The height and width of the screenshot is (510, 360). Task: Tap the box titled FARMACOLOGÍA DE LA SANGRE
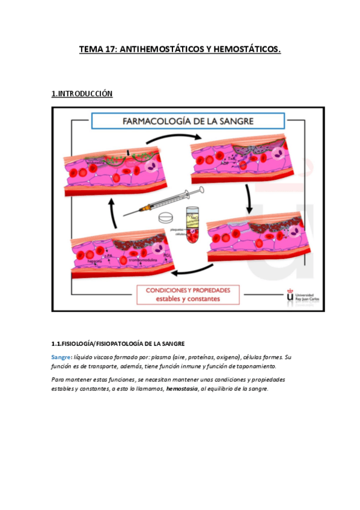coord(180,120)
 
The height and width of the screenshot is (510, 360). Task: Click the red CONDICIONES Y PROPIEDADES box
coord(188,294)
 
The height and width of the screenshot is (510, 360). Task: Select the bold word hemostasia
coord(184,389)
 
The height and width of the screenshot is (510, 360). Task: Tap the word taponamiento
coord(257,366)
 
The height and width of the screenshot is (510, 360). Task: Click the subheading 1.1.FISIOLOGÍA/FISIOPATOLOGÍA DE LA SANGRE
coord(122,343)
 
